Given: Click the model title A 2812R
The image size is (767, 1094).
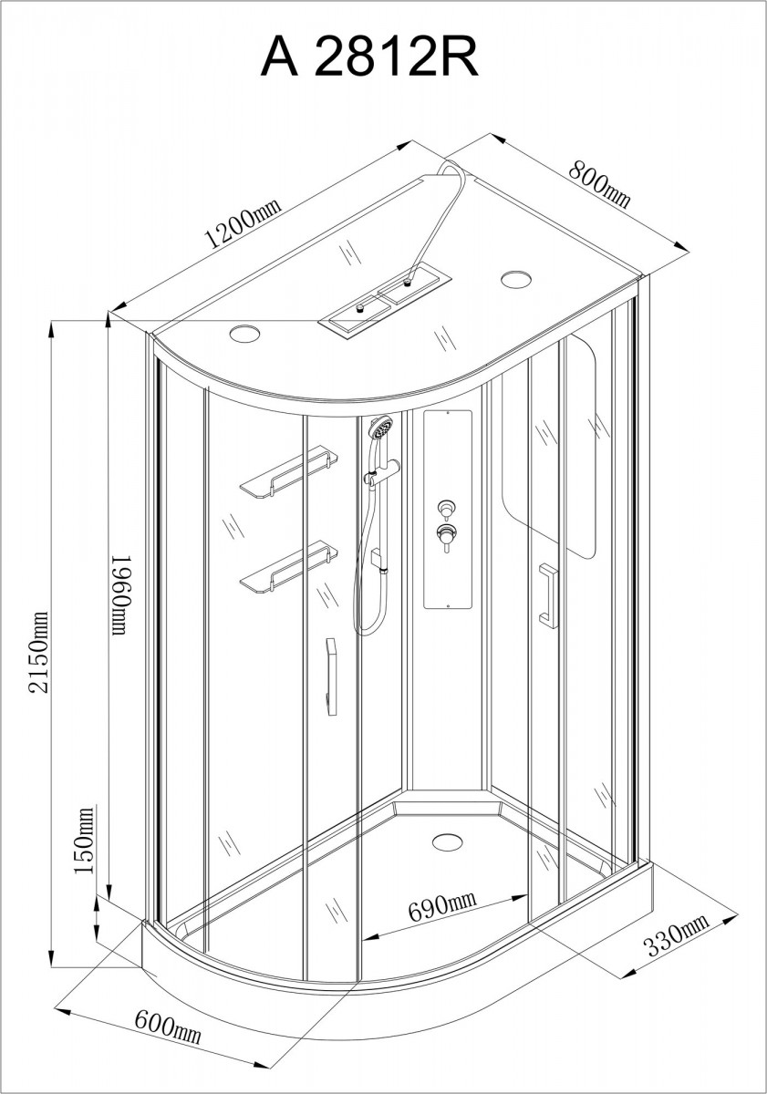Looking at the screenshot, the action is click(x=369, y=58).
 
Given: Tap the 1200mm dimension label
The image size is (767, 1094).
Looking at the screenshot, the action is click(x=243, y=222).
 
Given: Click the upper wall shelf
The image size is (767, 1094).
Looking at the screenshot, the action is click(x=289, y=472).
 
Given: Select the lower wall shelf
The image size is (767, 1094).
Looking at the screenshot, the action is click(x=289, y=567).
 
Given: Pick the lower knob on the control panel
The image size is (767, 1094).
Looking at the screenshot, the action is click(x=445, y=536).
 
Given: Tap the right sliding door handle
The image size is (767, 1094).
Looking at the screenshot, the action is click(x=549, y=595).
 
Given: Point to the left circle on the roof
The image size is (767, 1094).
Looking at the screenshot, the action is click(x=244, y=334).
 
